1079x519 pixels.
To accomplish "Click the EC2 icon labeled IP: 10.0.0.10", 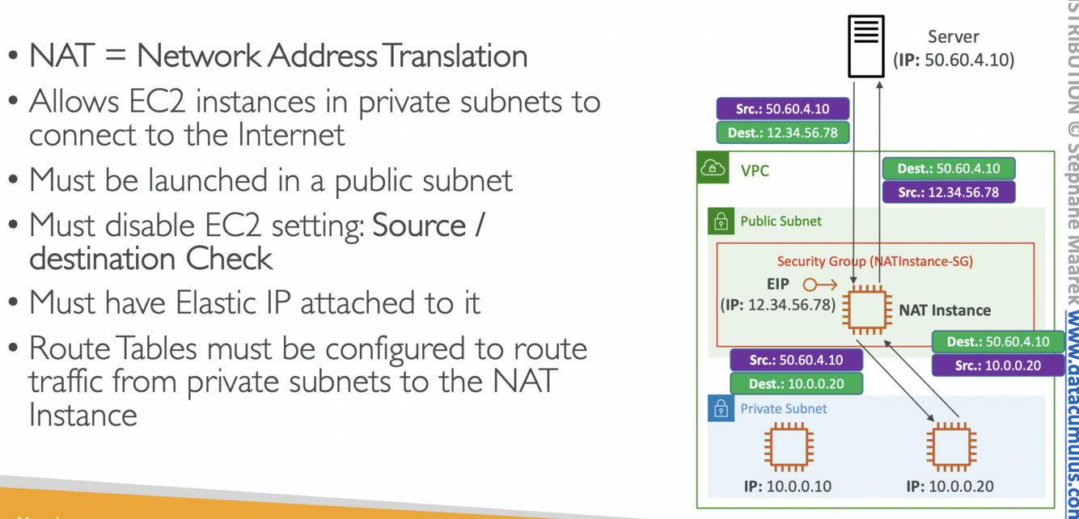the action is point(788,447).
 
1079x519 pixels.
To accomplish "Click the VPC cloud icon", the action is point(713,169).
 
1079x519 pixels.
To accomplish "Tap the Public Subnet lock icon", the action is point(721,221).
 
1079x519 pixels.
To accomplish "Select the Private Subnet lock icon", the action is point(721,408).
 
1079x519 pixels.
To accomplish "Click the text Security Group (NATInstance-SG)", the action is point(874,261).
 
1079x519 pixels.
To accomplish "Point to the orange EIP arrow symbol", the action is point(819,285).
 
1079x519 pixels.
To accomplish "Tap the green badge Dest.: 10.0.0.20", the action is point(796,383).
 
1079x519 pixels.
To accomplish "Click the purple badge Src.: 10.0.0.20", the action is point(997,365).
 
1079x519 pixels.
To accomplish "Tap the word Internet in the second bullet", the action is point(291,134).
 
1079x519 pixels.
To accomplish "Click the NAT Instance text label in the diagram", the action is point(944,310).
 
